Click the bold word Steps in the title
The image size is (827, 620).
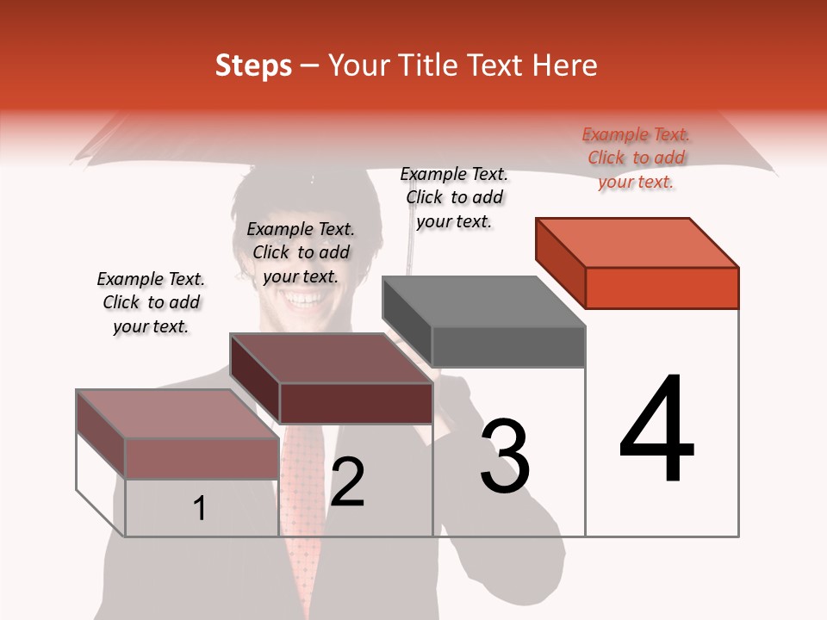[253, 65]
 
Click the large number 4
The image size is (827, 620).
[657, 431]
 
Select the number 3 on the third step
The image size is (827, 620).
[505, 457]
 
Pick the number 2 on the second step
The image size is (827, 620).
[348, 482]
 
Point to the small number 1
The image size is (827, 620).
[200, 509]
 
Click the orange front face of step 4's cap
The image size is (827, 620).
[662, 288]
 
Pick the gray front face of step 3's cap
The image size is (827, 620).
[508, 347]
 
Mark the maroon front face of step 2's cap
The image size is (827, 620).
[355, 403]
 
